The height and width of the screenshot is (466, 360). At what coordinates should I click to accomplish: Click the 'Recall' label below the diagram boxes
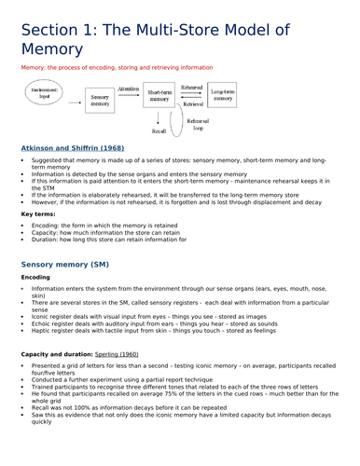click(x=160, y=132)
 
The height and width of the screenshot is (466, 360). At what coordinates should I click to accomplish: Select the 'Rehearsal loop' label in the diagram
click(x=198, y=125)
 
